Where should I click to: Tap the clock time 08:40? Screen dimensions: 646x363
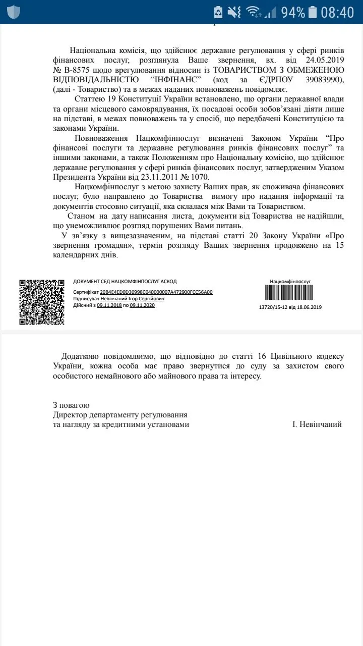(337, 12)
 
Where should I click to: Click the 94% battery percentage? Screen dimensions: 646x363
(293, 12)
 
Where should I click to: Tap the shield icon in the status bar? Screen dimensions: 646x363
(14, 12)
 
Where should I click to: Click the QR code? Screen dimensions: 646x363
(42, 302)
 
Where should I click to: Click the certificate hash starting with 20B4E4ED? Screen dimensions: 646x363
(156, 292)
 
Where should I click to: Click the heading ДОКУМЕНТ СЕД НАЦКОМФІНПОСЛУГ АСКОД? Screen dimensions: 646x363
(125, 282)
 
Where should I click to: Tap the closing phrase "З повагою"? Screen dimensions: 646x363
(71, 405)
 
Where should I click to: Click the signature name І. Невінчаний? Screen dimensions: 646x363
(317, 424)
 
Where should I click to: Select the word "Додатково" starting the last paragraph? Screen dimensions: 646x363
(85, 355)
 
